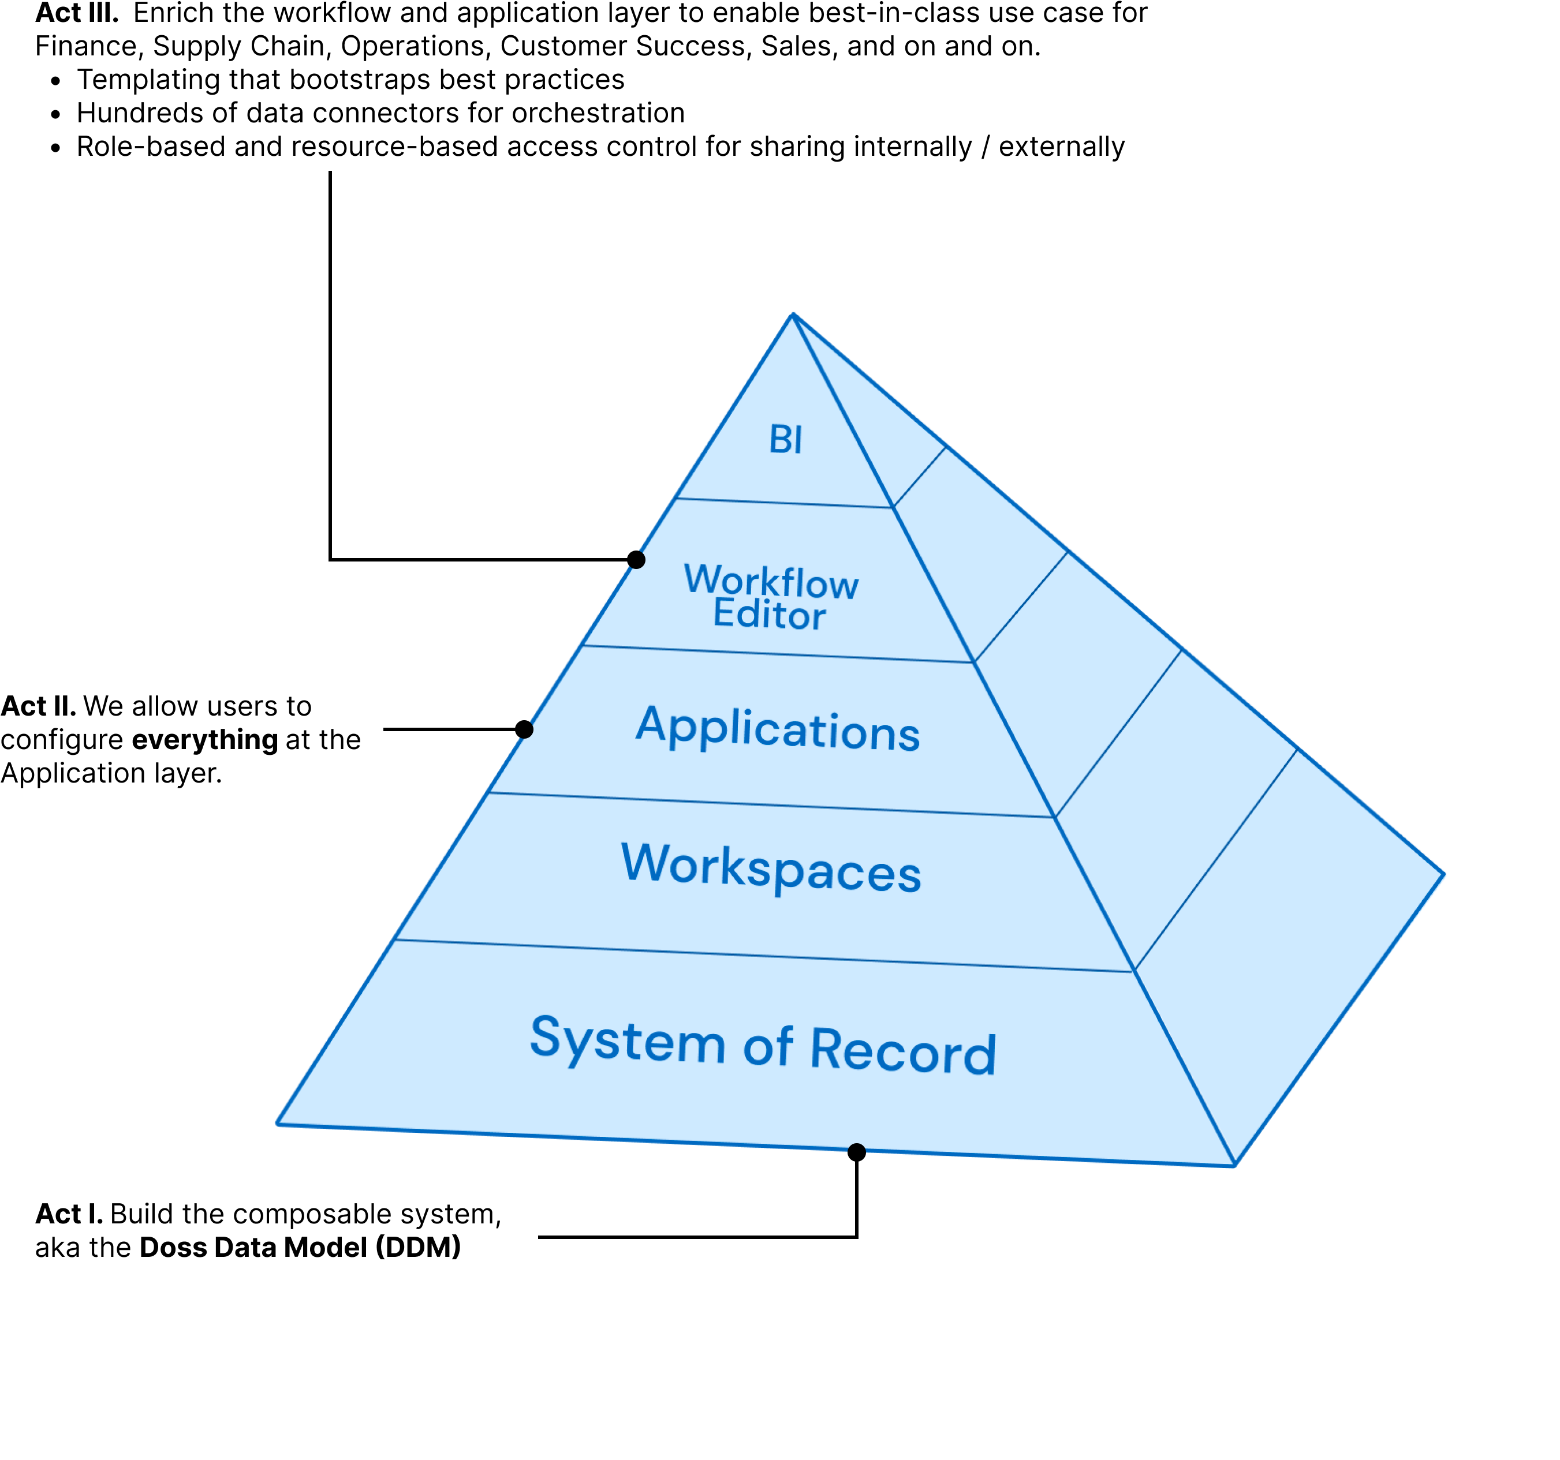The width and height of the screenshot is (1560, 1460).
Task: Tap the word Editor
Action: pyautogui.click(x=769, y=614)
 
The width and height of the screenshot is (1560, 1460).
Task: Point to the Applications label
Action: pyautogui.click(x=778, y=729)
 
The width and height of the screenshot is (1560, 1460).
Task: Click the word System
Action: pyautogui.click(x=628, y=1040)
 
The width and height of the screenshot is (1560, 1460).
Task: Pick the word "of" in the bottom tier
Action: pyautogui.click(x=767, y=1047)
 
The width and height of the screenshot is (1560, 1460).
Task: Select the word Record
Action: pyautogui.click(x=902, y=1051)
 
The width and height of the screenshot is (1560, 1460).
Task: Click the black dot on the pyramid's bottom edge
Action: pyautogui.click(x=857, y=1151)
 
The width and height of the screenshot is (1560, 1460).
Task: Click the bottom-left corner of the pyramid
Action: pyautogui.click(x=278, y=1124)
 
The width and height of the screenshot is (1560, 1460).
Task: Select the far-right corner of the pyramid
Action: pyautogui.click(x=1445, y=874)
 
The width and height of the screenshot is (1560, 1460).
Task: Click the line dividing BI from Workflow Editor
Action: pyautogui.click(x=785, y=503)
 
